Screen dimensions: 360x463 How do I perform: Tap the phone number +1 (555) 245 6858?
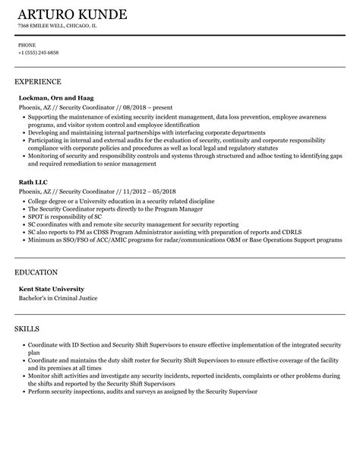coord(38,52)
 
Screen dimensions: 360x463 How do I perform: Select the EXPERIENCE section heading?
coord(38,81)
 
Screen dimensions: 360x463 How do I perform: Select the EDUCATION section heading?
coord(37,272)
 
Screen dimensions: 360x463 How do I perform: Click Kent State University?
coord(52,289)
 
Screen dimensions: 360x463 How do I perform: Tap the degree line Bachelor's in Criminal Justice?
coord(58,298)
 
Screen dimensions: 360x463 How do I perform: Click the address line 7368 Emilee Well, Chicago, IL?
coord(57,26)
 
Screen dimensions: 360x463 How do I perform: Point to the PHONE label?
coord(27,45)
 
